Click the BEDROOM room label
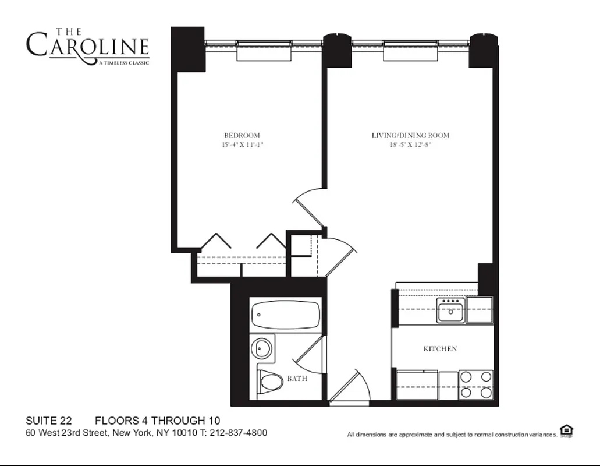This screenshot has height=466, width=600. pos(242,135)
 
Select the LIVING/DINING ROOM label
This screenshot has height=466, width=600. pos(410,135)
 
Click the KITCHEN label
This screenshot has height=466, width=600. pos(439,349)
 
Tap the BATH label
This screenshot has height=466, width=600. pos(297,379)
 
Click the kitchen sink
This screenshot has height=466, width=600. pos(451,310)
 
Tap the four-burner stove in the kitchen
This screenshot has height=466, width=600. pos(475,384)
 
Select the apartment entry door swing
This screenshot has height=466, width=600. pos(351,386)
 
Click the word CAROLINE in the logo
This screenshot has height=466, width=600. pos(87,46)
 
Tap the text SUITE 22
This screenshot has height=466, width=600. pos(48,421)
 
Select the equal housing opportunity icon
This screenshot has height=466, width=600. pos(566,430)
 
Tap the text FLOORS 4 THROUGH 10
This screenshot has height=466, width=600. pos(157,421)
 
